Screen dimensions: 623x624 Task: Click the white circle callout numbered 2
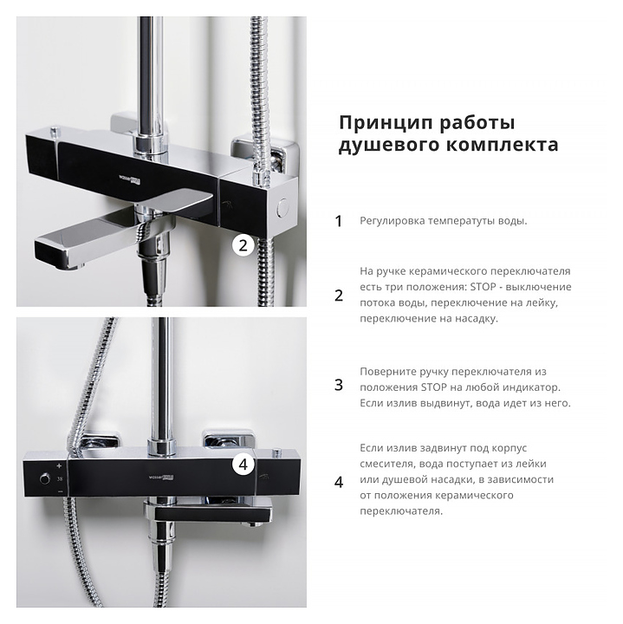(x=243, y=245)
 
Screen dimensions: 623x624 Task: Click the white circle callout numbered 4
(x=243, y=465)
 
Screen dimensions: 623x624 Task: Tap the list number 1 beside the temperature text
(x=339, y=222)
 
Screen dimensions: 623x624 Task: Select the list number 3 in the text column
(x=339, y=385)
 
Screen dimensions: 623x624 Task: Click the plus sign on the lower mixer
(x=59, y=465)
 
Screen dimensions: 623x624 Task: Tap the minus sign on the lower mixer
(x=60, y=492)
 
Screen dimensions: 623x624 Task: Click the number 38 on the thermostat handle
(x=60, y=478)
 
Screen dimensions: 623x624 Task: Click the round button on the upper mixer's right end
(x=283, y=207)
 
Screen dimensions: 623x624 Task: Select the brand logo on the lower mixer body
(x=160, y=477)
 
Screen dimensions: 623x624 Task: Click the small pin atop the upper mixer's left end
(x=55, y=130)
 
